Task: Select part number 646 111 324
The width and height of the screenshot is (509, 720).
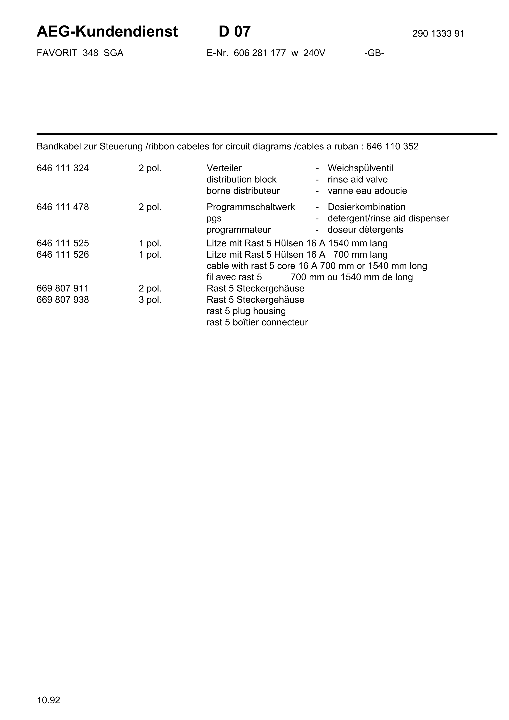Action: (x=63, y=168)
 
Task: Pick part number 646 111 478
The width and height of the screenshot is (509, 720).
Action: (x=63, y=207)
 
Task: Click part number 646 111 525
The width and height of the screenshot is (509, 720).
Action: (x=63, y=243)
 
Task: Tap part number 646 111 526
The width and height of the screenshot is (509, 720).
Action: (x=63, y=255)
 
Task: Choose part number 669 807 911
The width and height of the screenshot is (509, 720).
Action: (x=63, y=289)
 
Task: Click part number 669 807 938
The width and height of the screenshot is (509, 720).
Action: (x=63, y=300)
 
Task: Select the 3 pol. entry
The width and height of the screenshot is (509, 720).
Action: (x=150, y=300)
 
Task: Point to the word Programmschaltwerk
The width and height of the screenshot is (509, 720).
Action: (x=250, y=207)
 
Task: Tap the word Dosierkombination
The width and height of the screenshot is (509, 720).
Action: (x=366, y=207)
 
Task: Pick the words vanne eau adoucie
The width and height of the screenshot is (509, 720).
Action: (x=367, y=191)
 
